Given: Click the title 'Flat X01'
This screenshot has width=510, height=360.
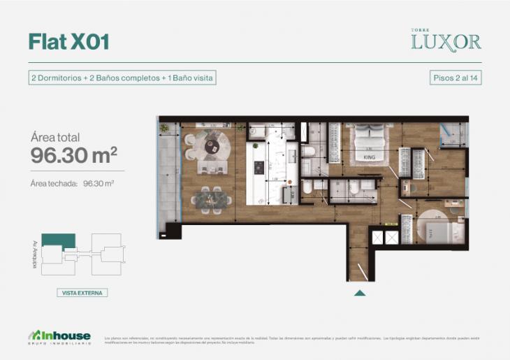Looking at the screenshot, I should [68, 41].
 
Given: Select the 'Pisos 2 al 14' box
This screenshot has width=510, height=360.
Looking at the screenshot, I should [456, 78].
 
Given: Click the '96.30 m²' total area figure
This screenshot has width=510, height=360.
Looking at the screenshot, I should [73, 156].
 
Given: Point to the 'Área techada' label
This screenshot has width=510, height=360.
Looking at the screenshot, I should [53, 184].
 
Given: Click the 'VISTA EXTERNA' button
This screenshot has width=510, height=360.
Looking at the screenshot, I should [82, 293].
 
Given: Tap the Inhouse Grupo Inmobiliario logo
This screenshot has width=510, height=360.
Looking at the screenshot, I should [59, 336].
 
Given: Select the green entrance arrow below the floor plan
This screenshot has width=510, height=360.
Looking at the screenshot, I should [359, 292].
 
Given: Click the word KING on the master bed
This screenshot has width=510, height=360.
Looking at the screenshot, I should [370, 157].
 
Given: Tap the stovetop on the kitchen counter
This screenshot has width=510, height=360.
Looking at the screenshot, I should [258, 168].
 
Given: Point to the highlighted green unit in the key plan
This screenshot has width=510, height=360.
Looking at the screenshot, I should [53, 240].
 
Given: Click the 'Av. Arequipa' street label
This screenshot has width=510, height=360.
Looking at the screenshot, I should [34, 255].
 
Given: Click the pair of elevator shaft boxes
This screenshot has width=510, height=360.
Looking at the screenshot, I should [385, 237].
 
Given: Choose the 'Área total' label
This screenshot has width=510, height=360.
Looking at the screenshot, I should [55, 137].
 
